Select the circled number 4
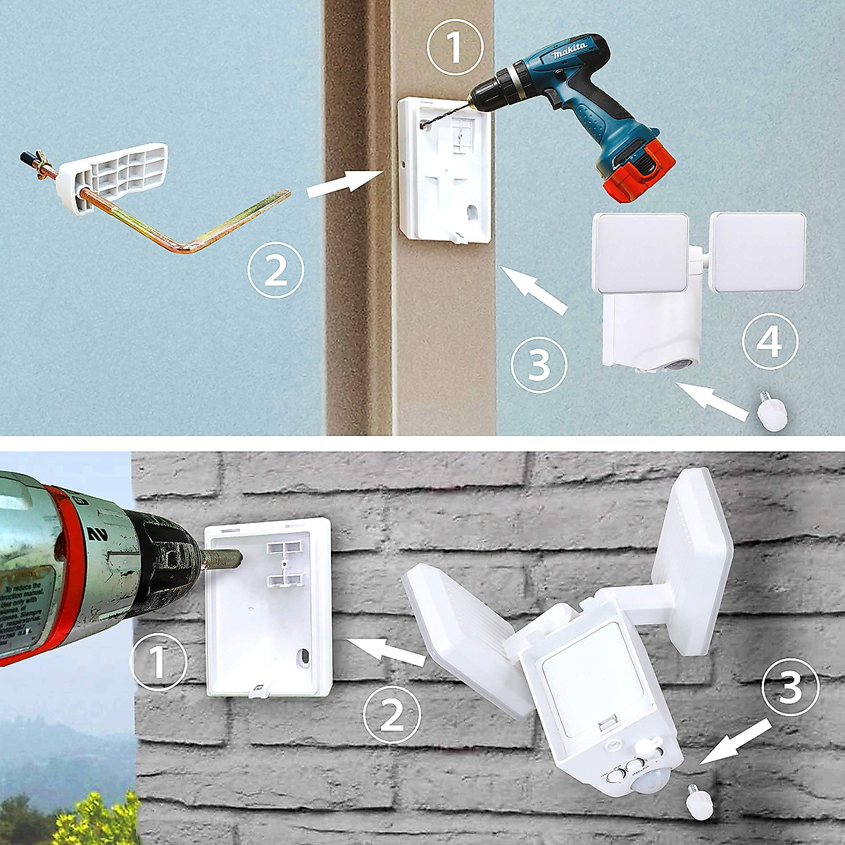pos(769,343)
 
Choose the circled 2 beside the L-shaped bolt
pos(276,270)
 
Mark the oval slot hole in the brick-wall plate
pos(305,657)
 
